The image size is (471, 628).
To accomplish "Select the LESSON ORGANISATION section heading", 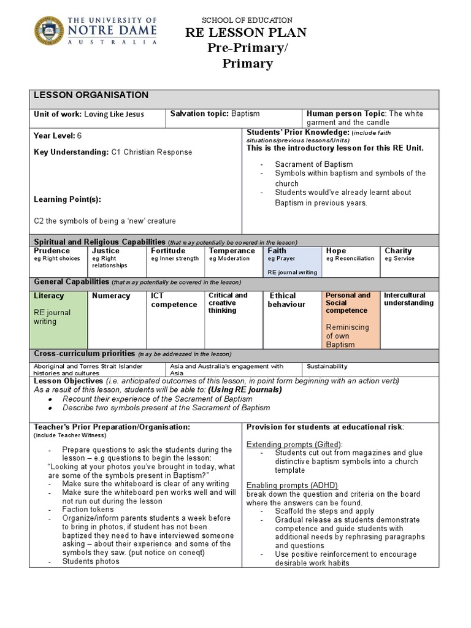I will coord(91,95).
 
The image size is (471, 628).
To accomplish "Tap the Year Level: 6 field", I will coord(58,136).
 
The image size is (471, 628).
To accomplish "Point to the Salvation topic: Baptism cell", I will coord(215,114).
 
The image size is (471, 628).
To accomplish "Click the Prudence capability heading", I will coord(52,251).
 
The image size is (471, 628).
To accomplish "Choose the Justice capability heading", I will coord(105,251).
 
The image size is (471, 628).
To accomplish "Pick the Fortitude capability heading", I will coord(168,251).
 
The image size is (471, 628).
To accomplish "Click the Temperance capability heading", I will coord(232,251).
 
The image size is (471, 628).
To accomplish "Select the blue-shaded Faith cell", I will coord(292,261).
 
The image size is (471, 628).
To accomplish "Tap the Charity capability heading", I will coord(398,251).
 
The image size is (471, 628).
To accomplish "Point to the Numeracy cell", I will coord(111,296).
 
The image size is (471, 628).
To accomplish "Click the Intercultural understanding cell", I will coord(408,299).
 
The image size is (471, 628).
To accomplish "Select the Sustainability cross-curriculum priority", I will coord(327,366).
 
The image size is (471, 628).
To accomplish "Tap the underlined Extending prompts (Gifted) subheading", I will coord(294,443).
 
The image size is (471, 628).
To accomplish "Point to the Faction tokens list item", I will coord(88,509).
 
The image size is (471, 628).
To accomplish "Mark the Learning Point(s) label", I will coord(67,199).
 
